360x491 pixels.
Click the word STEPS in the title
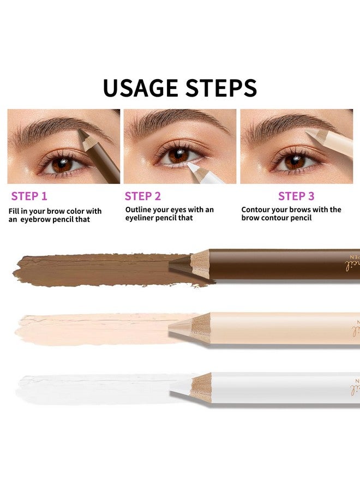tap(221, 88)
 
